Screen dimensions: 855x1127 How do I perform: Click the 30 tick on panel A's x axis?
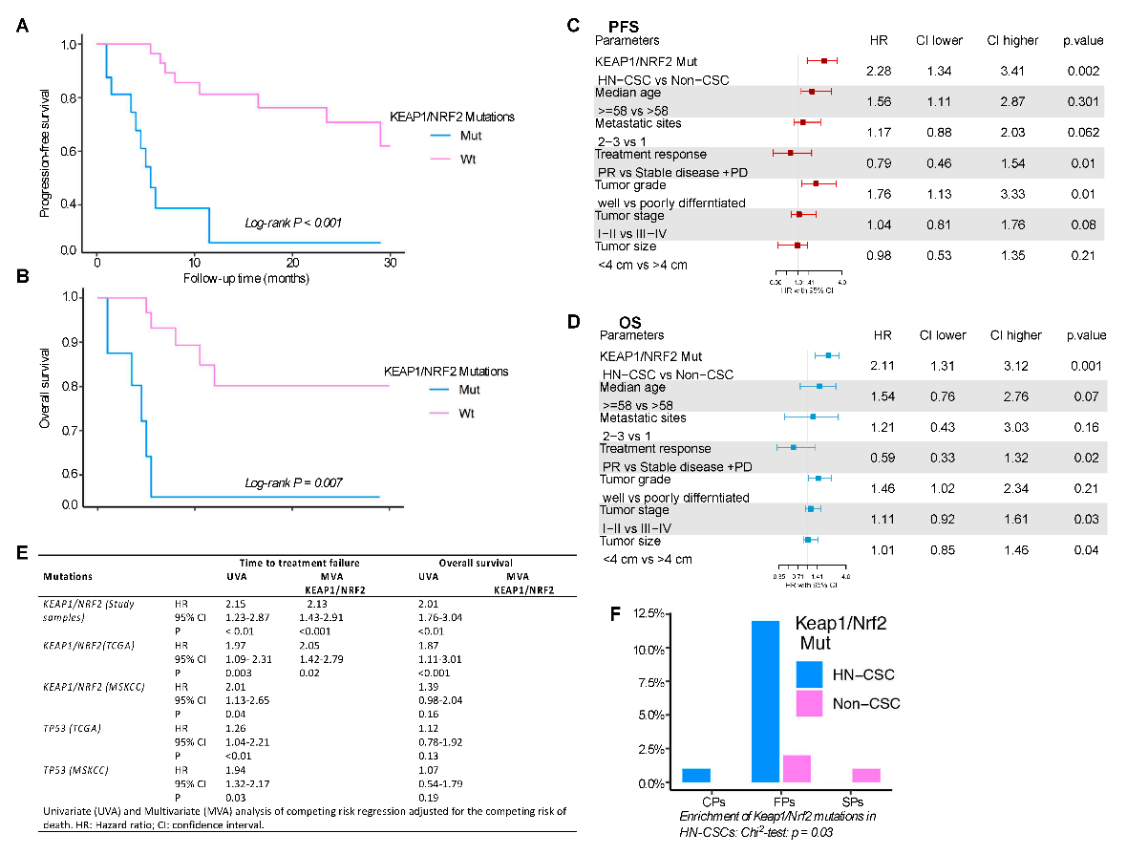(x=390, y=263)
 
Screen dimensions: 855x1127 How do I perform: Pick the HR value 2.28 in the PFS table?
(x=879, y=72)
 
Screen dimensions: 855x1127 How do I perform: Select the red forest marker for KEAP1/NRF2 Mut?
(x=823, y=61)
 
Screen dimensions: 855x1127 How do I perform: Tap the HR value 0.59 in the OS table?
(x=879, y=458)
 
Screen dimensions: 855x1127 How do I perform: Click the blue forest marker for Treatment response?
(x=794, y=447)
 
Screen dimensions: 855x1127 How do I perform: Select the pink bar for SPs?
(x=865, y=775)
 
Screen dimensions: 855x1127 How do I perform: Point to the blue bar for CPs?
(x=696, y=775)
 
